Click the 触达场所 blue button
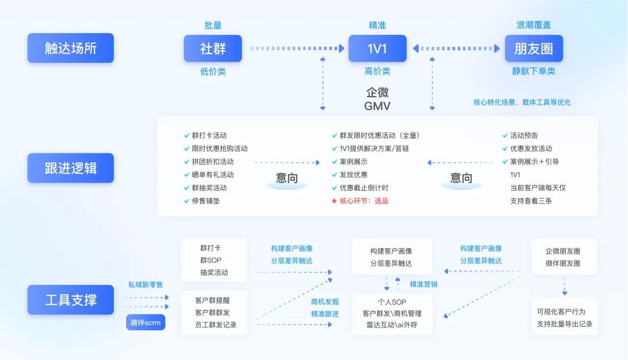point(70,48)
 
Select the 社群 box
point(213,49)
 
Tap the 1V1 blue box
point(377,49)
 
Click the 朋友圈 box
point(533,49)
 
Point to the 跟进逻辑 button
point(70,169)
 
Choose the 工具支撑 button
point(70,300)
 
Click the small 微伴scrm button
point(145,322)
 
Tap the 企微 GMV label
point(377,99)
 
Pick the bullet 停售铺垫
point(206,201)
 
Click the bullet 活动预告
point(524,136)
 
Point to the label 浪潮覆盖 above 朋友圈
point(533,25)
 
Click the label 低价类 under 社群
point(213,72)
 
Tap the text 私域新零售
point(145,285)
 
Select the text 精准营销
point(423,284)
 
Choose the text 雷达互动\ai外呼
point(392,325)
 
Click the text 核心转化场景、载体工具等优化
point(522,102)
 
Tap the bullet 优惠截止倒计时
point(363,188)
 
